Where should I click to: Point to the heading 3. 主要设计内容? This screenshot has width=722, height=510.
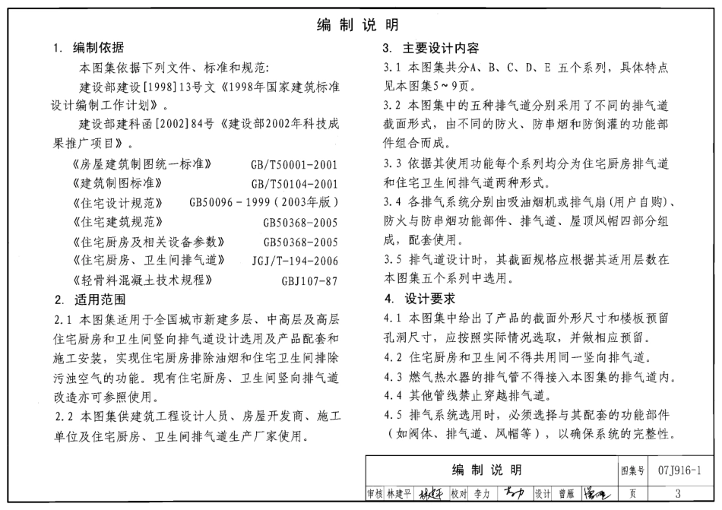430,49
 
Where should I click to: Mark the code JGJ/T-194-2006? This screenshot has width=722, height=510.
295,261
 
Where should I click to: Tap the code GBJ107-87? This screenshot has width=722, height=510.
309,280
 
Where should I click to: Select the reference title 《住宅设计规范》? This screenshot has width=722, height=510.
114,203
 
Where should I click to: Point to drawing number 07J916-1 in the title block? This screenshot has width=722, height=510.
676,470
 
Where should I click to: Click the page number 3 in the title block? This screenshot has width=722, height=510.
676,493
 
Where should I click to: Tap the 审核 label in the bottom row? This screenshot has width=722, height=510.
375,493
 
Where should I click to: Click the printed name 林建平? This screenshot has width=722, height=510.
399,493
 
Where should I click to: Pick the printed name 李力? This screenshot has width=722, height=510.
482,493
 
